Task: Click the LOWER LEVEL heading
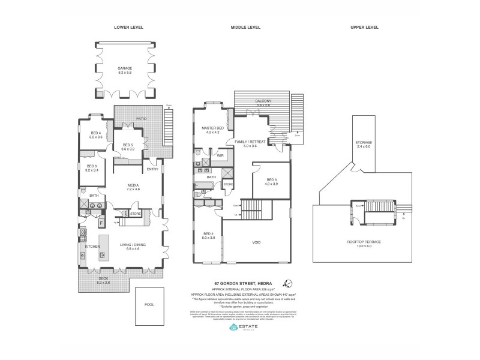pyautogui.click(x=128, y=28)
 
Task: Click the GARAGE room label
pyautogui.click(x=125, y=69)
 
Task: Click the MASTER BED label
pyautogui.click(x=212, y=128)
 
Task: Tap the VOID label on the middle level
pyautogui.click(x=256, y=242)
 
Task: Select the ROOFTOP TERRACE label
pyautogui.click(x=365, y=242)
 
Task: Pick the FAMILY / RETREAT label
pyautogui.click(x=254, y=142)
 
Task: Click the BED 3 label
pyautogui.click(x=271, y=179)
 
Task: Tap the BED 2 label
pyautogui.click(x=208, y=233)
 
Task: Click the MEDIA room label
pyautogui.click(x=133, y=185)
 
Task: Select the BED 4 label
pyautogui.click(x=96, y=134)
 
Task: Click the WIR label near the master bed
pyautogui.click(x=220, y=155)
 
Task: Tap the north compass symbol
pyautogui.click(x=288, y=283)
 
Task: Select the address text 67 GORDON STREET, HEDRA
pyautogui.click(x=242, y=283)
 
